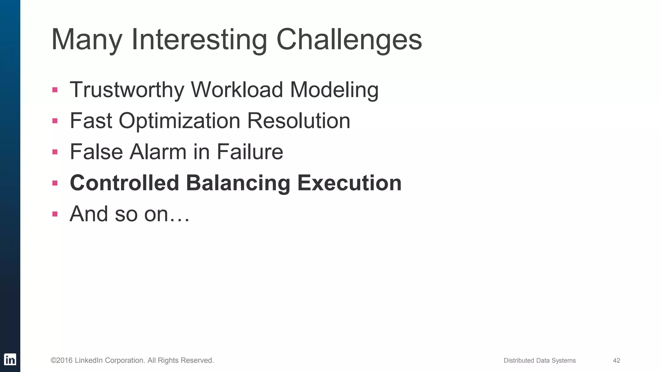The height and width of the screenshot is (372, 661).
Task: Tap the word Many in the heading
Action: tap(86, 40)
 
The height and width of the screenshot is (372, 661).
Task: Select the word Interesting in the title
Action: tap(199, 40)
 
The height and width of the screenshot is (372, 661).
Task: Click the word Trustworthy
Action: tap(127, 90)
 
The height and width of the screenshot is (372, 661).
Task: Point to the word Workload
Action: tap(237, 89)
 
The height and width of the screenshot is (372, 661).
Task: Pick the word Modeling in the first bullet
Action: tap(334, 90)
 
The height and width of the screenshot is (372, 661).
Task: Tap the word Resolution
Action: tap(299, 121)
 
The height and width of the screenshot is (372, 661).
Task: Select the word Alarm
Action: tap(158, 152)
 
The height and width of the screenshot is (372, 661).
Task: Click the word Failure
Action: tap(250, 152)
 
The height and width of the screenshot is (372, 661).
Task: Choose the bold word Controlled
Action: tap(124, 183)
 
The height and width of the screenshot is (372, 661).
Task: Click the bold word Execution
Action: tap(349, 183)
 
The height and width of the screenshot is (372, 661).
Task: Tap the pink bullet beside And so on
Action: tap(55, 214)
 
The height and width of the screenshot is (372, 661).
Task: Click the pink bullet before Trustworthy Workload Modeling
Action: tap(55, 90)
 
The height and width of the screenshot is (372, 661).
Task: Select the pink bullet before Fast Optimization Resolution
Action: tap(55, 121)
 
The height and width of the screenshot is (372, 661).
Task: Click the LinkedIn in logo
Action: tap(10, 359)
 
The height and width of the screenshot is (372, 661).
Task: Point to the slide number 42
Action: tap(616, 360)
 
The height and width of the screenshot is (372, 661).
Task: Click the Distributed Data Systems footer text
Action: tap(540, 360)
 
